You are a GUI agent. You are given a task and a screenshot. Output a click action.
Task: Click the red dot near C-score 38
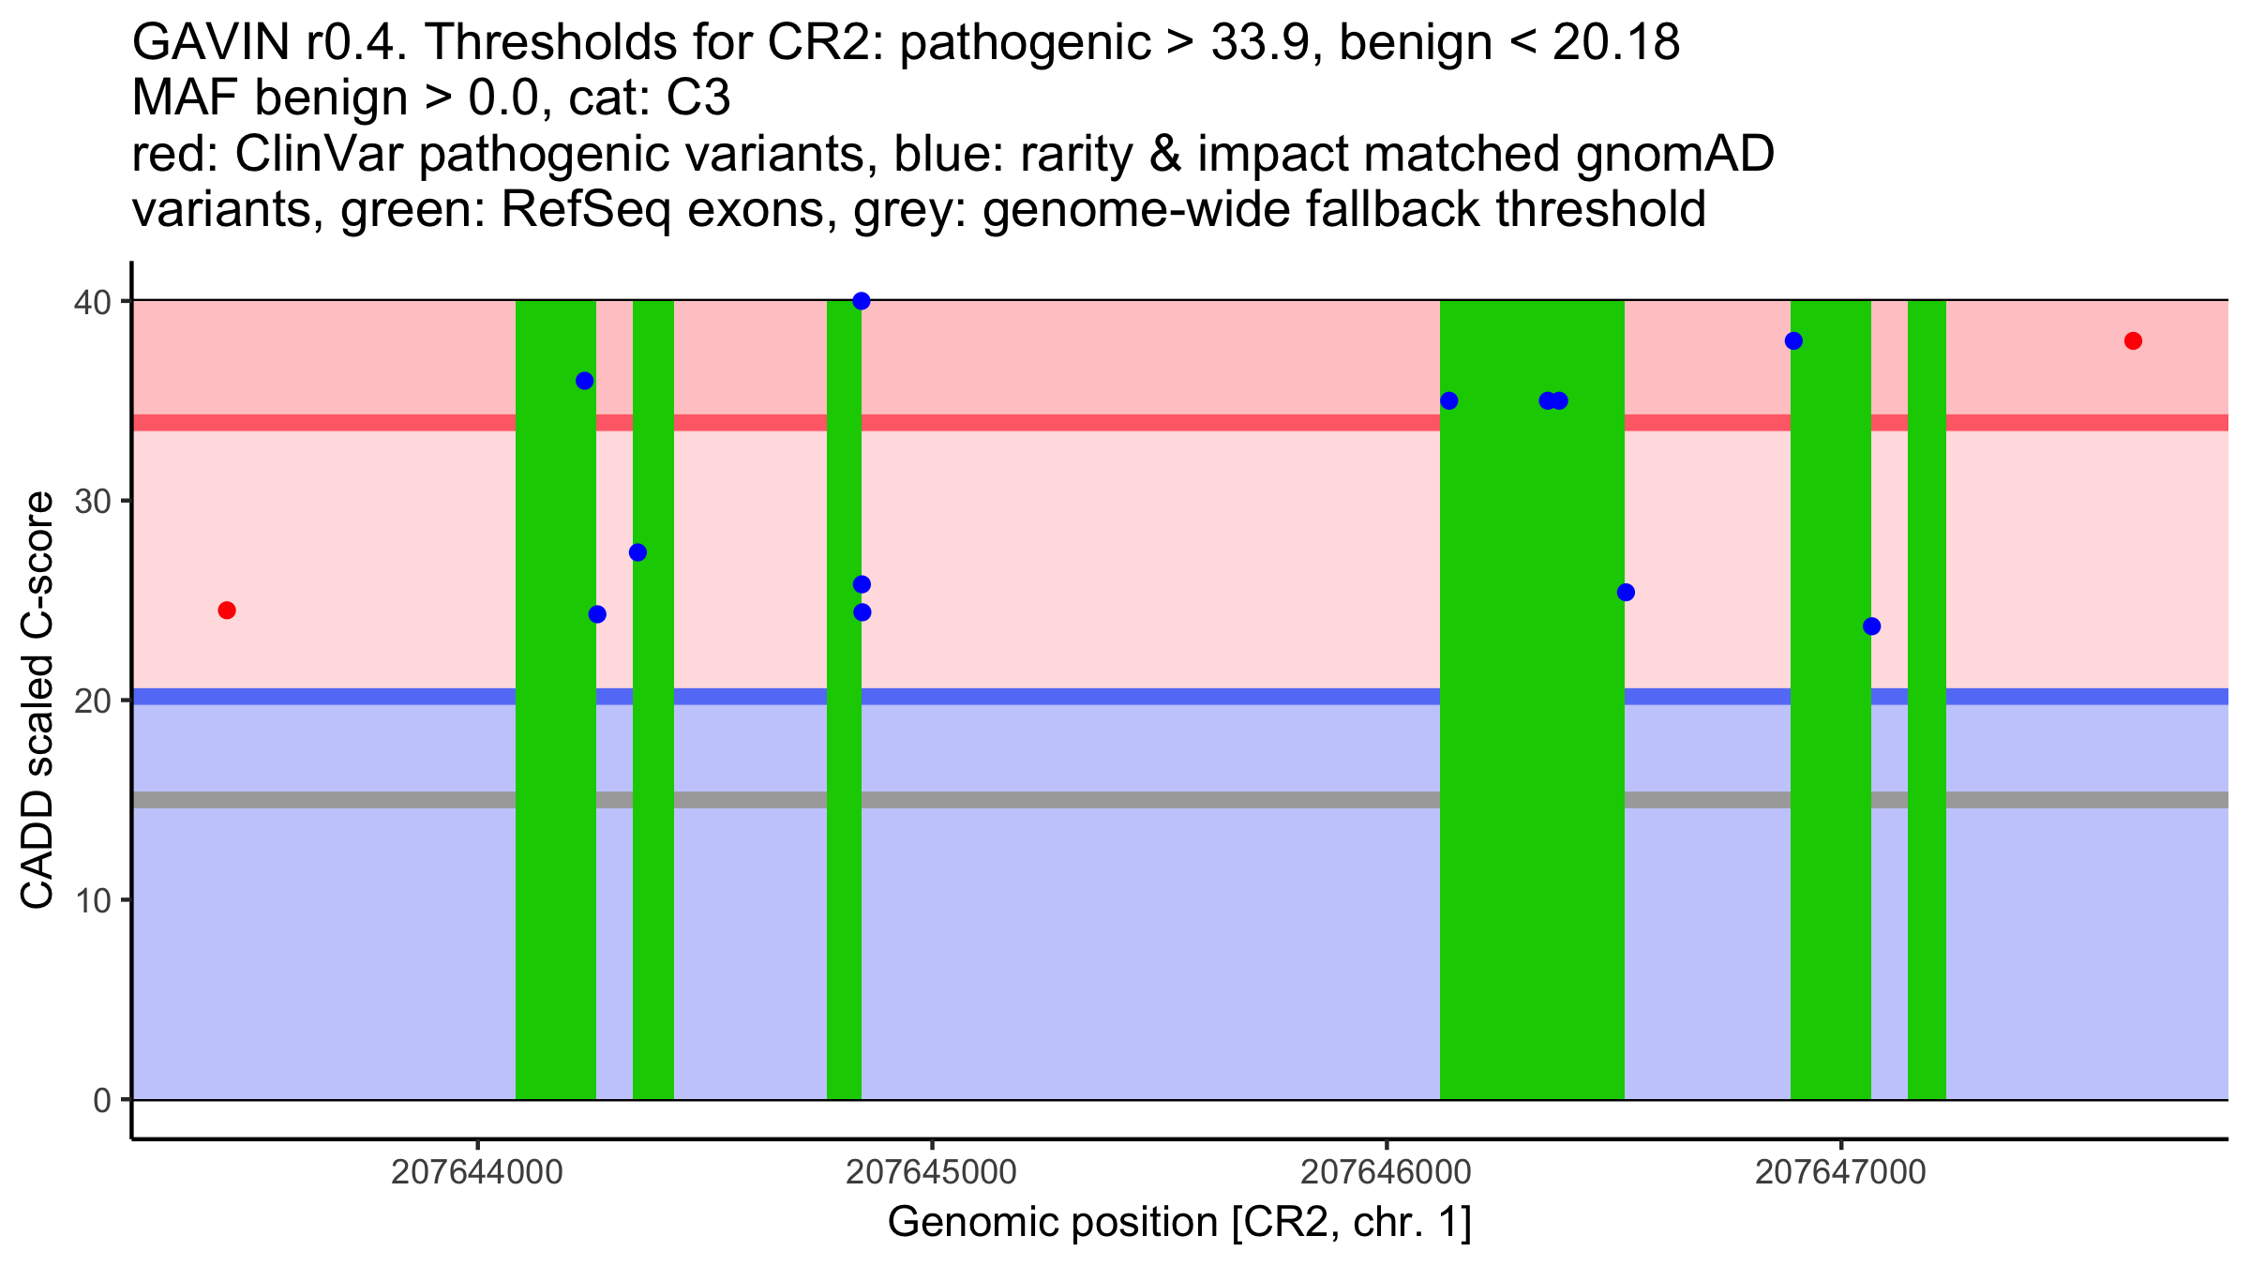pos(2133,340)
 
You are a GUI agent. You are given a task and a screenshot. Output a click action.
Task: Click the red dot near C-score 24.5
pos(227,610)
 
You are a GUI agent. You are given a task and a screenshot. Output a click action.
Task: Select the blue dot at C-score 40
pos(862,301)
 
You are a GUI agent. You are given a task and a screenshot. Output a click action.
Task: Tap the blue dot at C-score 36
pos(584,381)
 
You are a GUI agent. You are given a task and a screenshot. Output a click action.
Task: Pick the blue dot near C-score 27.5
pos(637,552)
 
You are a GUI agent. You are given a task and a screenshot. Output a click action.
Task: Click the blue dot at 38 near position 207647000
pos(1793,340)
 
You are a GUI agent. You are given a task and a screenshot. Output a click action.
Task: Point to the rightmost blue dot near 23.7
pos(1871,626)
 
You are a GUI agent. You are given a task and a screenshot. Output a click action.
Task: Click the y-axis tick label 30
pos(93,501)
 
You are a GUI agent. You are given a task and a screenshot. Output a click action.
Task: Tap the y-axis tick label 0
pos(101,1100)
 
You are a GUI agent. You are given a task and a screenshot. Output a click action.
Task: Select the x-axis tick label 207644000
pos(478,1172)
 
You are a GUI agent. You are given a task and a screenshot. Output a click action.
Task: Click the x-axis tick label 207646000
pos(1387,1172)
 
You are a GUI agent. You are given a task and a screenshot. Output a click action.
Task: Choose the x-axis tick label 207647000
pos(1840,1172)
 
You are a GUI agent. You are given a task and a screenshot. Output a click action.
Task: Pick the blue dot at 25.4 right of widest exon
pos(1626,593)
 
